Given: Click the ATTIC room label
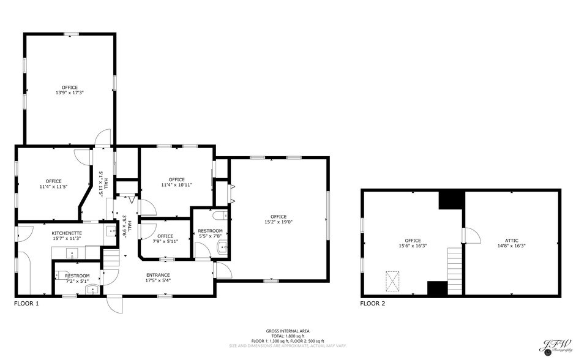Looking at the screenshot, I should click(x=512, y=241).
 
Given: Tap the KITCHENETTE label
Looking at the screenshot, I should click(x=67, y=233).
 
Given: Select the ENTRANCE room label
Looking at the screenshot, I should click(x=158, y=275).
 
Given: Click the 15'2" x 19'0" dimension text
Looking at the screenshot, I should click(x=279, y=222).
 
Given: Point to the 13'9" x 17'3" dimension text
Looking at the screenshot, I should click(x=69, y=92).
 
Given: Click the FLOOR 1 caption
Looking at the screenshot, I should click(x=26, y=303).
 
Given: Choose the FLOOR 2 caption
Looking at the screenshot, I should click(x=373, y=303).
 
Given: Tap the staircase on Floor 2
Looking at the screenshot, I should click(x=454, y=263).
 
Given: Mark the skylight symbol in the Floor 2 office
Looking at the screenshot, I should click(x=392, y=280).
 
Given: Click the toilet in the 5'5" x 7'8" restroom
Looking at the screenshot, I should click(x=220, y=216).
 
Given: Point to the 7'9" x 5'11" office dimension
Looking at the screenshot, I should click(x=165, y=241).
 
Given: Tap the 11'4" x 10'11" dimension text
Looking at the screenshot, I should click(x=177, y=185).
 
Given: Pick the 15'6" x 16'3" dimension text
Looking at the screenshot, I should click(x=412, y=246).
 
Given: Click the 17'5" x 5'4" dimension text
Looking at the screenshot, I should click(x=158, y=280).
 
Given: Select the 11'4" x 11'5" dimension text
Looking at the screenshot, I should click(x=53, y=186).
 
